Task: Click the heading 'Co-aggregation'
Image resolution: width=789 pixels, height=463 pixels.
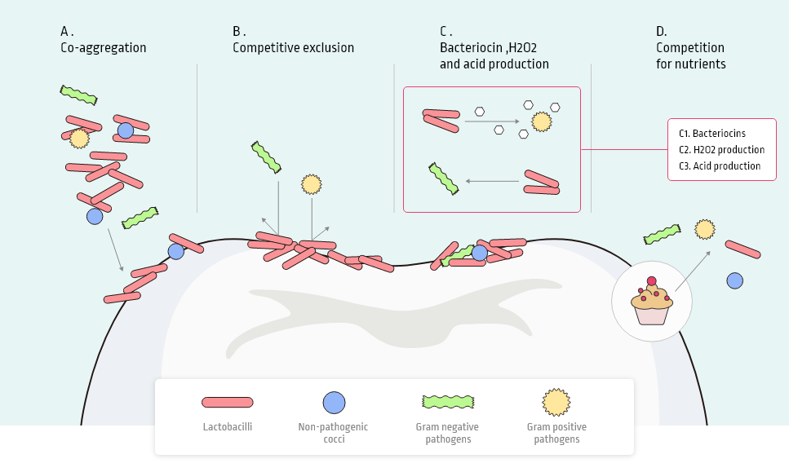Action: [x=103, y=47]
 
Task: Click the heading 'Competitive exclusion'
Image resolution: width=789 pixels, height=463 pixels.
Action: [x=293, y=47]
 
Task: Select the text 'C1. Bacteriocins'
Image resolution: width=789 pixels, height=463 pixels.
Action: [x=712, y=134]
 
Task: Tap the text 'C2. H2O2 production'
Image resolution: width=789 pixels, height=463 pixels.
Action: [x=721, y=150]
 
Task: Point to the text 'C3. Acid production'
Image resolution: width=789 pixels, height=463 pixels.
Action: [x=720, y=166]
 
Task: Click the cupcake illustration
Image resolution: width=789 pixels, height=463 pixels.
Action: [x=651, y=302]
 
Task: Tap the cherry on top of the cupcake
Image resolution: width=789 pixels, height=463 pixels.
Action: [x=651, y=282]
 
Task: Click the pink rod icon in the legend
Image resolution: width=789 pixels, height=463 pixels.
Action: [x=228, y=402]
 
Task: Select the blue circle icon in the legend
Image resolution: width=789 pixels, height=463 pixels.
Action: [x=334, y=403]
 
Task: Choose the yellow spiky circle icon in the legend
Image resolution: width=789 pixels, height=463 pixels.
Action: [x=556, y=402]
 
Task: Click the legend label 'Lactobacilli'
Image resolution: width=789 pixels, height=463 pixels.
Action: [x=228, y=427]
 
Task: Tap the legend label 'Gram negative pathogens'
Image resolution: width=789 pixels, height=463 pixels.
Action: [x=447, y=433]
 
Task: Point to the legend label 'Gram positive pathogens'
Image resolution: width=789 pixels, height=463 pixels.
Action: [x=556, y=433]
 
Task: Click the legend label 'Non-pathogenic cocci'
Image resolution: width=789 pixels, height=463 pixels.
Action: [x=334, y=433]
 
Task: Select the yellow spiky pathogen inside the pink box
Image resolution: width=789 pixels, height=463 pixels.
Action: [x=541, y=122]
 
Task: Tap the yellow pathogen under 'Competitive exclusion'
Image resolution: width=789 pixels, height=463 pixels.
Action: [x=311, y=184]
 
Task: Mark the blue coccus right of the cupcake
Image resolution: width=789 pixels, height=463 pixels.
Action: [x=734, y=280]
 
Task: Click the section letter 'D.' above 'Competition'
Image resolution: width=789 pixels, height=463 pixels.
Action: [x=662, y=32]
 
